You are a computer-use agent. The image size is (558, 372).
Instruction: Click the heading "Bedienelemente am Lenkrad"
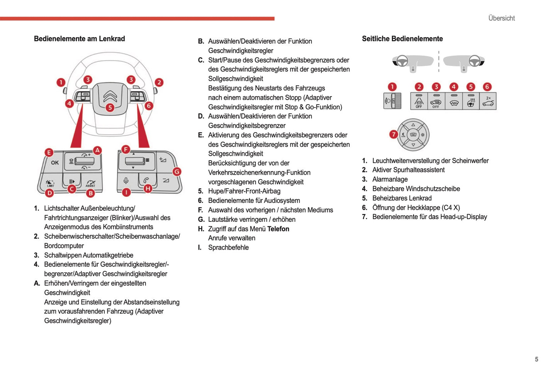tap(79, 39)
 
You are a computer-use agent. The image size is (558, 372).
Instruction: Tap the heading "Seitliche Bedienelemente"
tap(402, 39)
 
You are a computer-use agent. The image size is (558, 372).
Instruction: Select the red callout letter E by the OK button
tap(49, 153)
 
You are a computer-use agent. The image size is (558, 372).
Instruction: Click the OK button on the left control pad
tap(55, 163)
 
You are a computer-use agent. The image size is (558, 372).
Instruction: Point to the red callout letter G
tap(177, 172)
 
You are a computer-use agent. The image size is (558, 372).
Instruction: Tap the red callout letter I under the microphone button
tap(126, 192)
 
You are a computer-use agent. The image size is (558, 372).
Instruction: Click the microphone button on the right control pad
tap(126, 181)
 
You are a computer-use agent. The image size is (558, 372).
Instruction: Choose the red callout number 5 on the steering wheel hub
tap(110, 107)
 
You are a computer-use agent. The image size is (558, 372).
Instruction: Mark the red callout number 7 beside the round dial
tap(393, 134)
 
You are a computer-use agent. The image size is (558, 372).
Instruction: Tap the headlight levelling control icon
tap(392, 101)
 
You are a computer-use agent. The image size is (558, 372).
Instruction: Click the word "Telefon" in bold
tap(278, 229)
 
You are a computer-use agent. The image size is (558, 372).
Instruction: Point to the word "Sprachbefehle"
tap(228, 248)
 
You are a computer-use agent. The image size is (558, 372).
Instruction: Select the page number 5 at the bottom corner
tap(536, 359)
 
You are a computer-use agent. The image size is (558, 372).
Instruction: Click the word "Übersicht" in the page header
tap(501, 18)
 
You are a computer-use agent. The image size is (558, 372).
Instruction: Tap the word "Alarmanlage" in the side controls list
tap(390, 179)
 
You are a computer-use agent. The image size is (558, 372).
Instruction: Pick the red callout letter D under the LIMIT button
tap(50, 192)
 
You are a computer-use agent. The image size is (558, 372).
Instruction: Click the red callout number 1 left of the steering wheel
tap(61, 82)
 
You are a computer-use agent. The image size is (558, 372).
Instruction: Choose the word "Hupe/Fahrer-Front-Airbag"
tap(244, 191)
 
